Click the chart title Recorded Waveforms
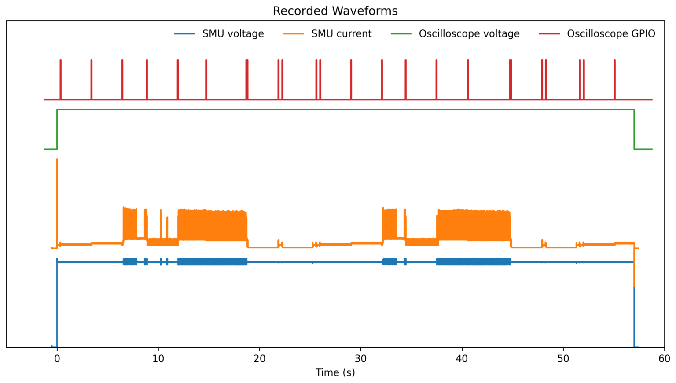[335, 11]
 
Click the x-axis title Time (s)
[335, 372]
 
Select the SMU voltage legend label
[233, 34]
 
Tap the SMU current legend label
[341, 34]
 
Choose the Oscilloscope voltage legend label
[469, 34]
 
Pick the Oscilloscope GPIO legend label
[610, 34]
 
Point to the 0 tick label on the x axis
[57, 359]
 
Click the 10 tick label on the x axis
[158, 359]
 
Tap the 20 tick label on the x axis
[259, 359]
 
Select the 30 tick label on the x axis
[360, 359]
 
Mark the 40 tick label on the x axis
[462, 359]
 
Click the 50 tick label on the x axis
[563, 359]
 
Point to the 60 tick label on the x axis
[664, 359]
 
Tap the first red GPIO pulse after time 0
[61, 79]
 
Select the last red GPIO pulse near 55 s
[614, 79]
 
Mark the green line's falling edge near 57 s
[634, 129]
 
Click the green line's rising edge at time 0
[57, 129]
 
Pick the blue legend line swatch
[184, 34]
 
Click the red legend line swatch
[549, 34]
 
